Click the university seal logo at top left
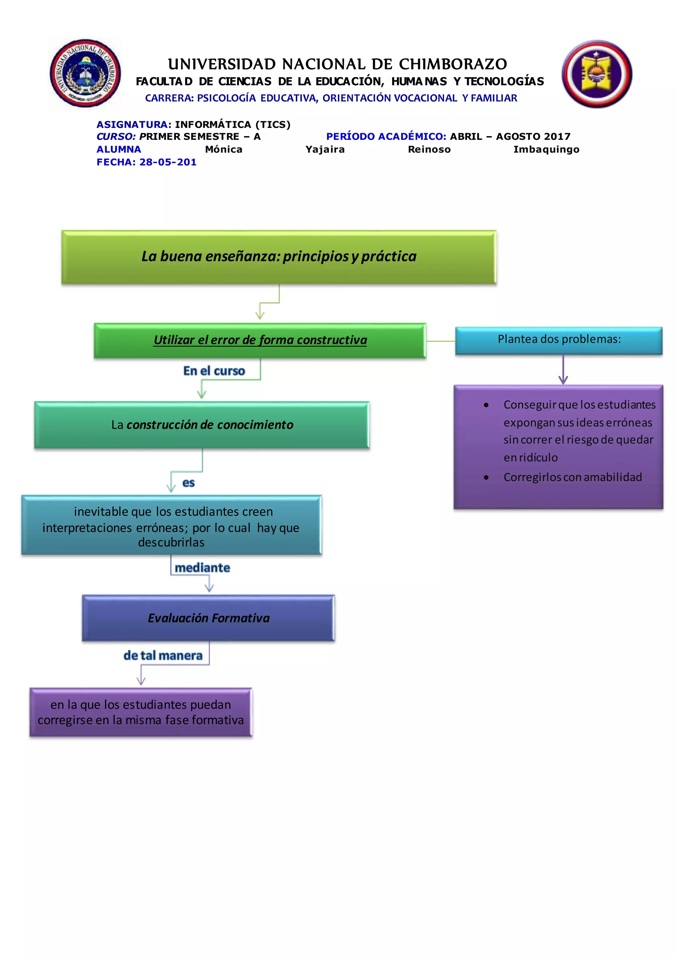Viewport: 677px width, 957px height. pyautogui.click(x=86, y=73)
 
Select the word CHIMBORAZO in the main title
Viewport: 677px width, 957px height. pyautogui.click(x=453, y=64)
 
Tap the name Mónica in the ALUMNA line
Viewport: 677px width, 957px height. pyautogui.click(x=223, y=149)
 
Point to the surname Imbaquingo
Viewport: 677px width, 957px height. pyautogui.click(x=546, y=149)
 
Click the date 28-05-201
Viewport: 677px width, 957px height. pyautogui.click(x=168, y=162)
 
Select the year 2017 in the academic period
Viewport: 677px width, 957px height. pyautogui.click(x=557, y=136)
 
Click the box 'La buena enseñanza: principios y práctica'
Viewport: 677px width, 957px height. pyautogui.click(x=279, y=257)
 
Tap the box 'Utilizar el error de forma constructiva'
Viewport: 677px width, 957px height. pyautogui.click(x=260, y=340)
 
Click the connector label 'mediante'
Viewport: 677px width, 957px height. pyautogui.click(x=202, y=568)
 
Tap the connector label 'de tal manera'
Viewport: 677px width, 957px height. pyautogui.click(x=163, y=655)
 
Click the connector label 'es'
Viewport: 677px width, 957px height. pyautogui.click(x=188, y=483)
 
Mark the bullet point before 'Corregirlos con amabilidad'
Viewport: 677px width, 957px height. pyautogui.click(x=486, y=478)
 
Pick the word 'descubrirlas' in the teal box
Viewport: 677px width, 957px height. pyautogui.click(x=171, y=542)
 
